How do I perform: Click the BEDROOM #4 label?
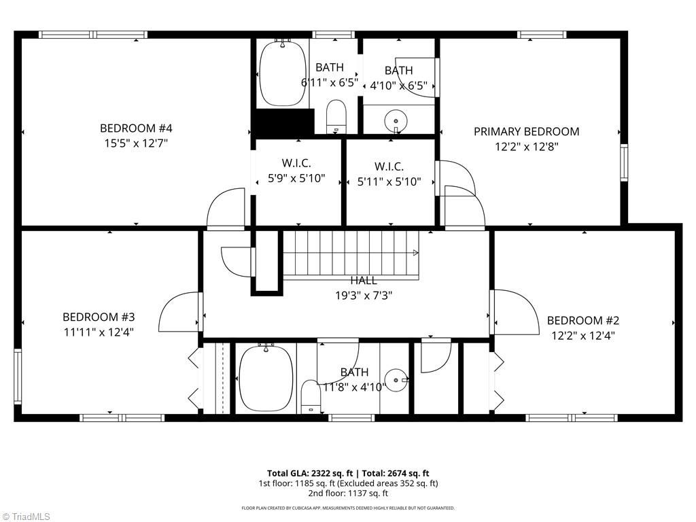[x=136, y=128]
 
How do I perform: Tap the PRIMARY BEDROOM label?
[x=526, y=131]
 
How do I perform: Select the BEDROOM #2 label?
[x=582, y=320]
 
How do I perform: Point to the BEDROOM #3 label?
[x=99, y=317]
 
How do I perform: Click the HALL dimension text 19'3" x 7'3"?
[x=364, y=295]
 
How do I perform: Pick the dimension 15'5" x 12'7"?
[x=136, y=143]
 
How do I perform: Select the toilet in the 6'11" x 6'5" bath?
[x=336, y=117]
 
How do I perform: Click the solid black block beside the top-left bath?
[x=283, y=122]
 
